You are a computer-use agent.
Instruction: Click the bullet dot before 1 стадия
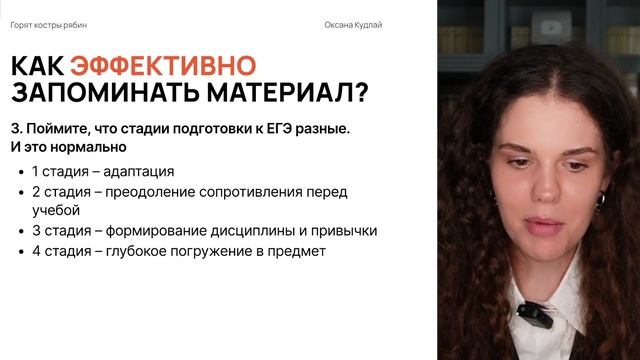[22, 172]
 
